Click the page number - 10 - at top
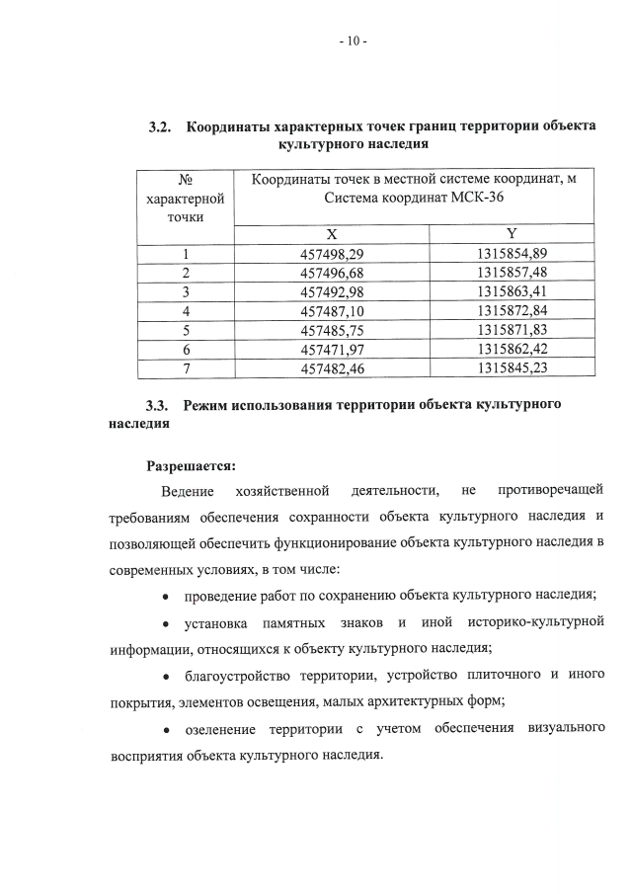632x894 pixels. click(352, 41)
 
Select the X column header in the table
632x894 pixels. click(332, 235)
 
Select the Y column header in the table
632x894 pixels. click(512, 234)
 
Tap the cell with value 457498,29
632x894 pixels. click(332, 254)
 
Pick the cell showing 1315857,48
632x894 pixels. click(512, 273)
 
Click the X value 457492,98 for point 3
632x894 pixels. click(332, 291)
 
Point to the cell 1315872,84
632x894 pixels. click(512, 310)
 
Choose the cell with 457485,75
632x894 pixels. click(332, 329)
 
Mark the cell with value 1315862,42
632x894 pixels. click(512, 348)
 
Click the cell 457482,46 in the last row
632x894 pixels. click(332, 366)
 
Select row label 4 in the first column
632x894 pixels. click(185, 310)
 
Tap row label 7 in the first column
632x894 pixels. click(185, 366)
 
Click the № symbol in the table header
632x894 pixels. click(185, 179)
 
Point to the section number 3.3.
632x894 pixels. click(159, 406)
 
